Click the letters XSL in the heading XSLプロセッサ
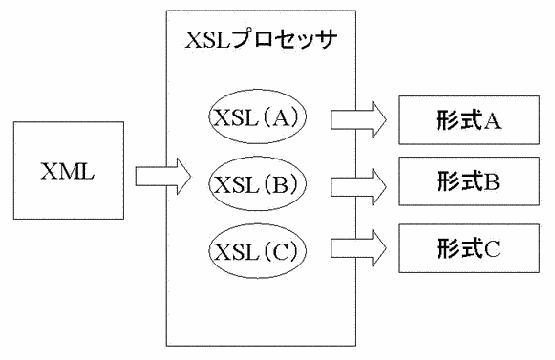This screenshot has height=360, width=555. click(x=205, y=42)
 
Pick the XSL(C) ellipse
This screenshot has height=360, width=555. click(x=256, y=250)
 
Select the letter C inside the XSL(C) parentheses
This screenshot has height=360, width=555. click(x=281, y=251)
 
